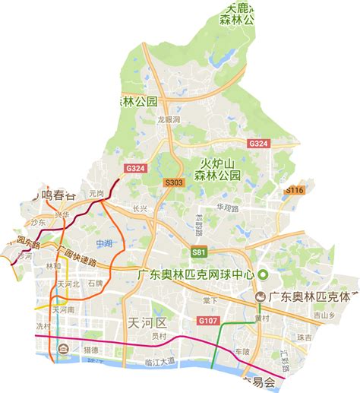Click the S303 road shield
(x=174, y=182)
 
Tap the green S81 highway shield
(x=198, y=252)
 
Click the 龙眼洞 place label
(x=169, y=120)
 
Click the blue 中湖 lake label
(x=105, y=243)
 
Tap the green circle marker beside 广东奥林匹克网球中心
(x=264, y=274)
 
